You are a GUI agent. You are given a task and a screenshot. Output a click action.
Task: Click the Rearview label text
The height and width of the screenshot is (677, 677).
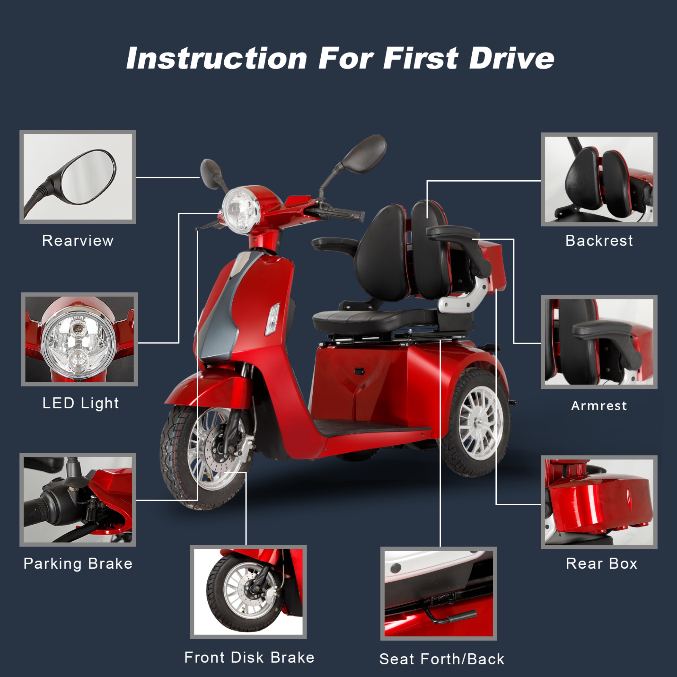[x=78, y=241]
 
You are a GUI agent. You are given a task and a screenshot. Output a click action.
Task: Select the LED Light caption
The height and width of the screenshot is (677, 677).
[x=81, y=403]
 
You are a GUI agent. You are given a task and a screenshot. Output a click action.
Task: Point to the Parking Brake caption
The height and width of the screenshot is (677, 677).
[x=78, y=563]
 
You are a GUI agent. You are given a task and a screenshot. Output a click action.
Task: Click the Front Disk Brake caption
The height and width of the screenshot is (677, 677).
[x=249, y=657]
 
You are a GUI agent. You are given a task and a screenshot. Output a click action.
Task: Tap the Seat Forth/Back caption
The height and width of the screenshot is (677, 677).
[x=442, y=659]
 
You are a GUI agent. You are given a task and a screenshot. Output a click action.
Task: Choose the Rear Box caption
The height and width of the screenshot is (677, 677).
[x=601, y=563]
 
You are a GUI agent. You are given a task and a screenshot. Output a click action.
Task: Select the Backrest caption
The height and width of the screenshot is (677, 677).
[x=599, y=241]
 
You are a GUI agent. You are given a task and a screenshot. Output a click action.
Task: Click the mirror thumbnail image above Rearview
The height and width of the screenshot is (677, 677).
[x=78, y=177]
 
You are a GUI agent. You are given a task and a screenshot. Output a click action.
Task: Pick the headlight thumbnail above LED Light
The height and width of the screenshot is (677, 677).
[x=79, y=339]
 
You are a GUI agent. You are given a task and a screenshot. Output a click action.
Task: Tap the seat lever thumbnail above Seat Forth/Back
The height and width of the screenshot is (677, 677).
[x=439, y=594]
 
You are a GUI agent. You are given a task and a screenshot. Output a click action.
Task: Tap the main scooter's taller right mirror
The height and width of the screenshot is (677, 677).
[x=364, y=154]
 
